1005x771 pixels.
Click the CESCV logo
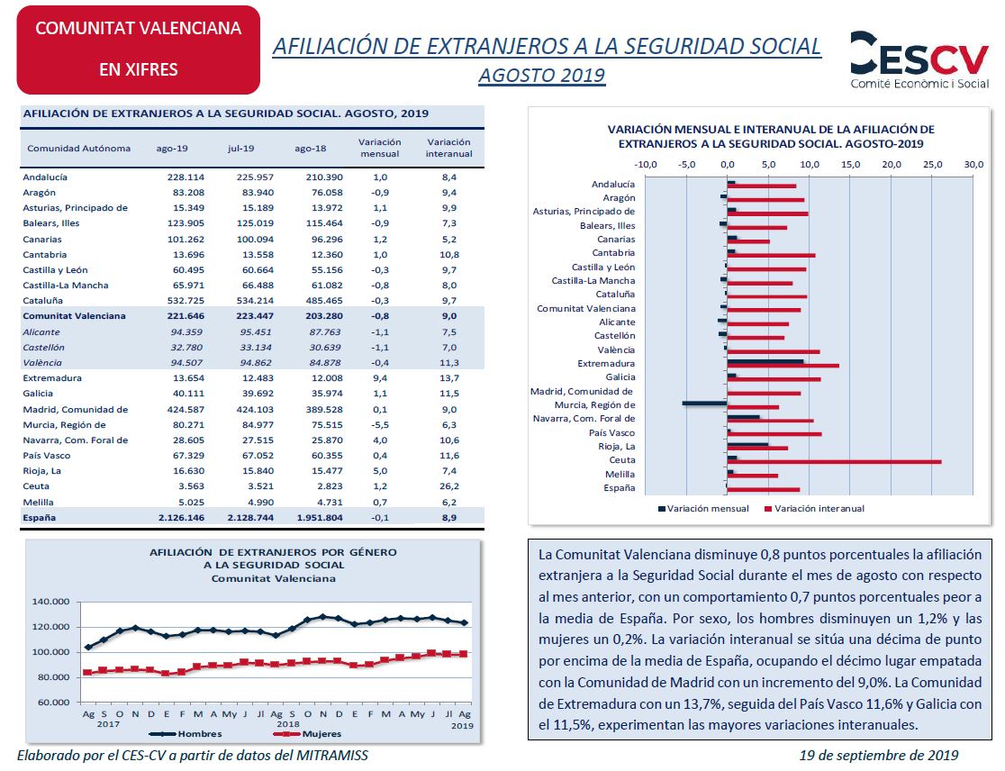(x=919, y=59)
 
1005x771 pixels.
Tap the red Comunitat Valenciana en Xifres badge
(x=139, y=50)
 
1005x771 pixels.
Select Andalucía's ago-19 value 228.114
(x=186, y=177)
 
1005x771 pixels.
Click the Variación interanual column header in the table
(x=448, y=148)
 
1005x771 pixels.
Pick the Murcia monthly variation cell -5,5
(x=380, y=425)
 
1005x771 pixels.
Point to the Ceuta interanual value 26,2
(x=449, y=486)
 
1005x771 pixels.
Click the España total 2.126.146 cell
(x=181, y=518)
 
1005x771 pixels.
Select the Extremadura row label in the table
(x=52, y=378)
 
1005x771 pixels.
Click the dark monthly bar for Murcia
(x=704, y=404)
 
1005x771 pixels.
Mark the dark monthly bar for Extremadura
(x=765, y=361)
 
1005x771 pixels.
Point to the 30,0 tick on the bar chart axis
(x=973, y=165)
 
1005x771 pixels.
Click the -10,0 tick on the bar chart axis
(x=645, y=165)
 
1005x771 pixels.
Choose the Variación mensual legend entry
(x=703, y=509)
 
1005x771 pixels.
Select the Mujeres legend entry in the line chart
(x=307, y=734)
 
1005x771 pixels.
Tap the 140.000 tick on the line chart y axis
(x=50, y=602)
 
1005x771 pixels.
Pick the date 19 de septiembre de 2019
(x=879, y=757)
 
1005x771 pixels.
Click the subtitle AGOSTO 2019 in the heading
(x=541, y=76)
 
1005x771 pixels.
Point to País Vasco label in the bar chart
(x=612, y=433)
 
